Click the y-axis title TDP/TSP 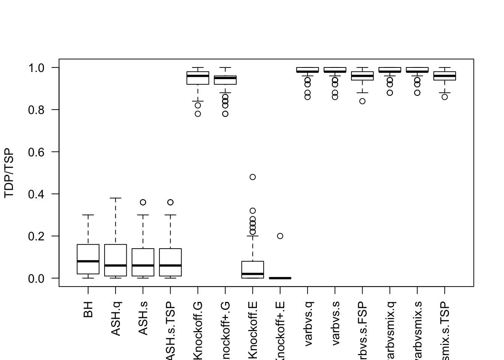9,173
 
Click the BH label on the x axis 88,309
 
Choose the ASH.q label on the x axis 115,319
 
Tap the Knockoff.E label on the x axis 253,330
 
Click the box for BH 88,259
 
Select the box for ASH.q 115,260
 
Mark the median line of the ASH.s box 143,265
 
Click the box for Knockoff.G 198,78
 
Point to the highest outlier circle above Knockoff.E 253,177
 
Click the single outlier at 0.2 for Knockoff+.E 280,236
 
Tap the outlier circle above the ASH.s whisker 143,202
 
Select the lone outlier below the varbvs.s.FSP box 362,101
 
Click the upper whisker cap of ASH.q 115,198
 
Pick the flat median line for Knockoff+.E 280,278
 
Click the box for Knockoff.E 253,270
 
